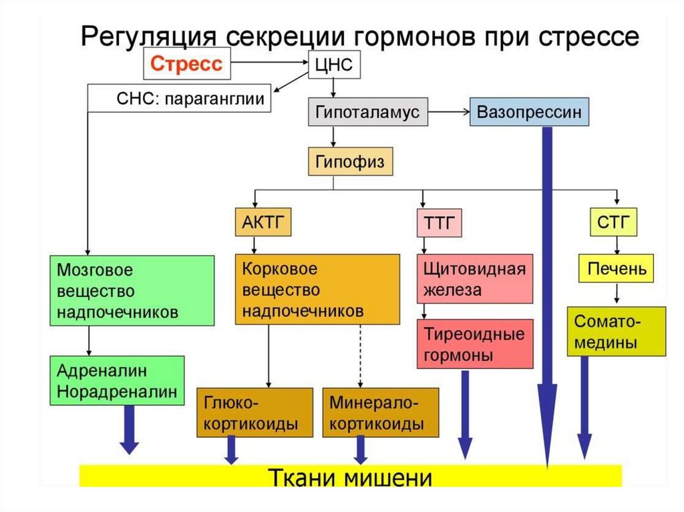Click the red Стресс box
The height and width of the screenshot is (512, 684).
(x=185, y=65)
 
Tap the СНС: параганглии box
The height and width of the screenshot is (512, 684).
(x=180, y=99)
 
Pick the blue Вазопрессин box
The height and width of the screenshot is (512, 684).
(x=530, y=111)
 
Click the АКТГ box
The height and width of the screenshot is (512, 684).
(x=263, y=222)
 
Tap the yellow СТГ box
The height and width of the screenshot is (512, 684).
(x=613, y=222)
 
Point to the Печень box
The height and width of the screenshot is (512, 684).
(x=616, y=270)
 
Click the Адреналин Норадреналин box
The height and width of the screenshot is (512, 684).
(x=117, y=380)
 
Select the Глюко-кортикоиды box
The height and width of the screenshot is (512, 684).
(x=254, y=413)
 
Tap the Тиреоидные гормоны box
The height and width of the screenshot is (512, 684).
(x=475, y=343)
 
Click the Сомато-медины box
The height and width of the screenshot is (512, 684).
(x=616, y=331)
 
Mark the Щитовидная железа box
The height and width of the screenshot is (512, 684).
(x=475, y=279)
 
